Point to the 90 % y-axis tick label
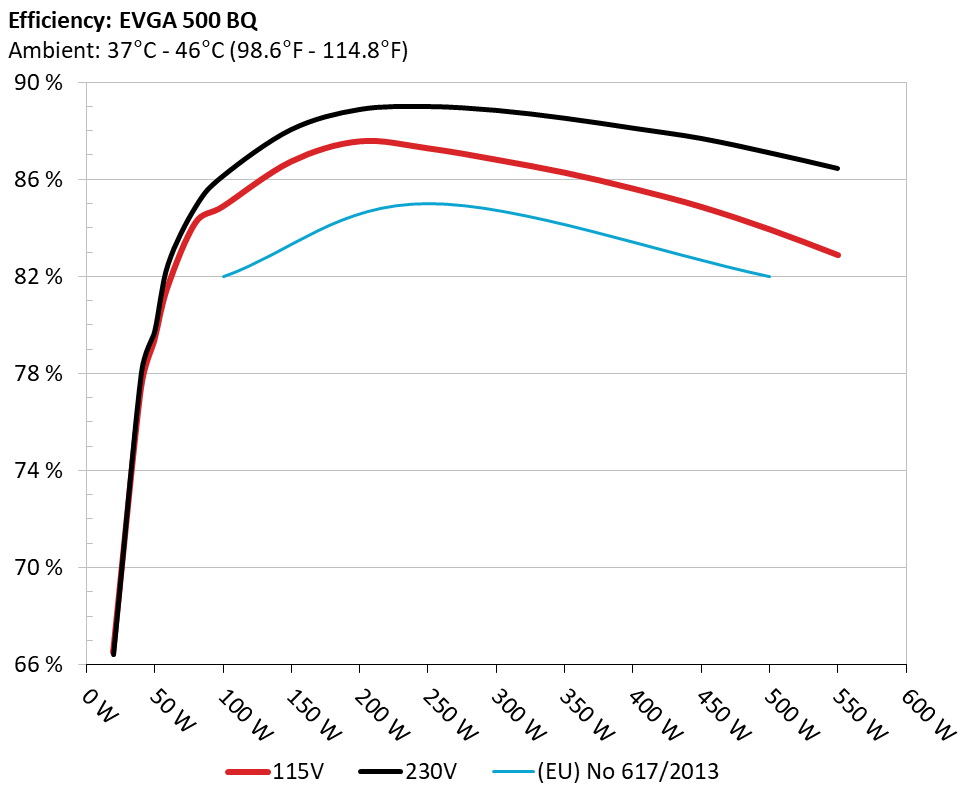point(37,83)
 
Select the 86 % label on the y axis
point(37,180)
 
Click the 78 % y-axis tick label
point(37,374)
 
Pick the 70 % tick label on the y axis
point(37,568)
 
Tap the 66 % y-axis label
point(37,665)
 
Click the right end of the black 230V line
point(837,168)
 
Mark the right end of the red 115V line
point(837,255)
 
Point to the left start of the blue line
point(223,276)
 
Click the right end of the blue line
point(770,276)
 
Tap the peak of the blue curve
point(428,203)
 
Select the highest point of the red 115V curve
point(370,141)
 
